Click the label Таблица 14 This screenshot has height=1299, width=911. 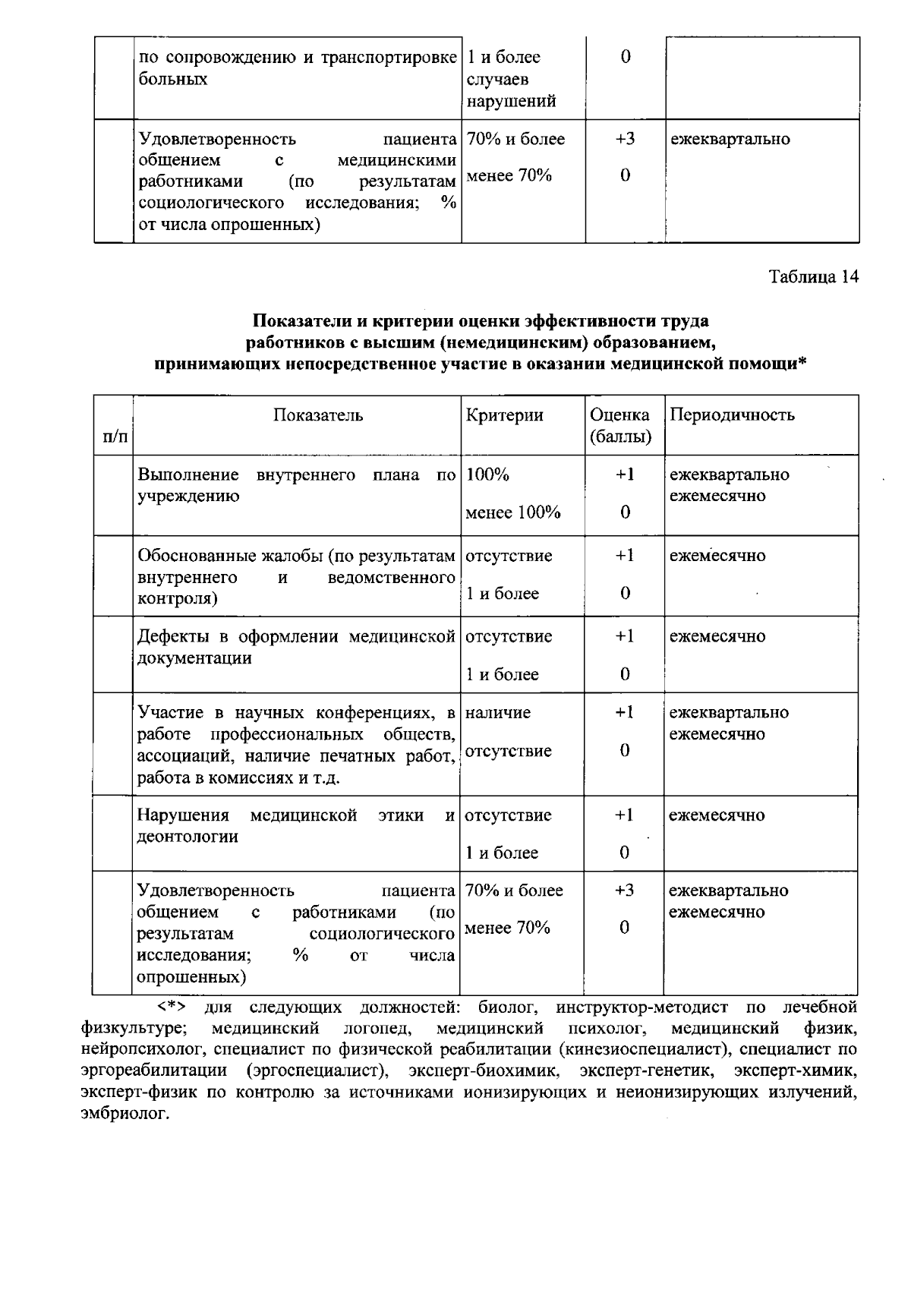point(814,277)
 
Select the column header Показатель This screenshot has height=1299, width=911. point(318,415)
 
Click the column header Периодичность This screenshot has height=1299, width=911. point(732,415)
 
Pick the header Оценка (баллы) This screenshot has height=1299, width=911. point(620,426)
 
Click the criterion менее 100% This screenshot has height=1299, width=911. point(512,513)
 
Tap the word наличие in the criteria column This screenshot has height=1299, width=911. point(498,713)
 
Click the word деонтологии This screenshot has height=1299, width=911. point(187,837)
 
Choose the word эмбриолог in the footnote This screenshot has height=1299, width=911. point(123,1115)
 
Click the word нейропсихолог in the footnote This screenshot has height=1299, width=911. point(143,1050)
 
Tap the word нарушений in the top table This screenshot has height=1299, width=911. point(510,102)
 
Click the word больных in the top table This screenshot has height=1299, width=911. point(172,80)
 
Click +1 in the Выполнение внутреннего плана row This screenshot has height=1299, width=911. point(624,475)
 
